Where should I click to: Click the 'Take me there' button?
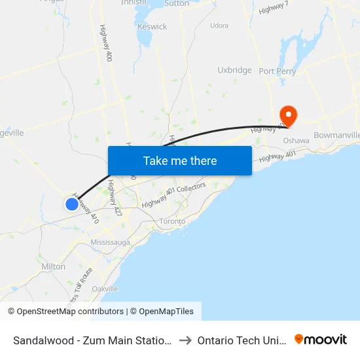[180, 160]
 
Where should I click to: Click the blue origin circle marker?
[71, 204]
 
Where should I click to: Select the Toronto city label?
[172, 221]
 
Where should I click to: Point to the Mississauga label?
[111, 242]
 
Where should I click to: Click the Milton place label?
[53, 266]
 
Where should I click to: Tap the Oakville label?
[105, 289]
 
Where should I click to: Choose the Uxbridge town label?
[234, 70]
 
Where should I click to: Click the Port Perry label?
[278, 71]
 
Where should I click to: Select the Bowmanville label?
[336, 135]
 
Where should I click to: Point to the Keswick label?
[152, 27]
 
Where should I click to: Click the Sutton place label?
[177, 3]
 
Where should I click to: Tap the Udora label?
[219, 26]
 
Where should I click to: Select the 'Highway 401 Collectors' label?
[174, 195]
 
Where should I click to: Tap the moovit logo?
[321, 339]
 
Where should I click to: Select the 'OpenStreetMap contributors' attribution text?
[69, 312]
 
